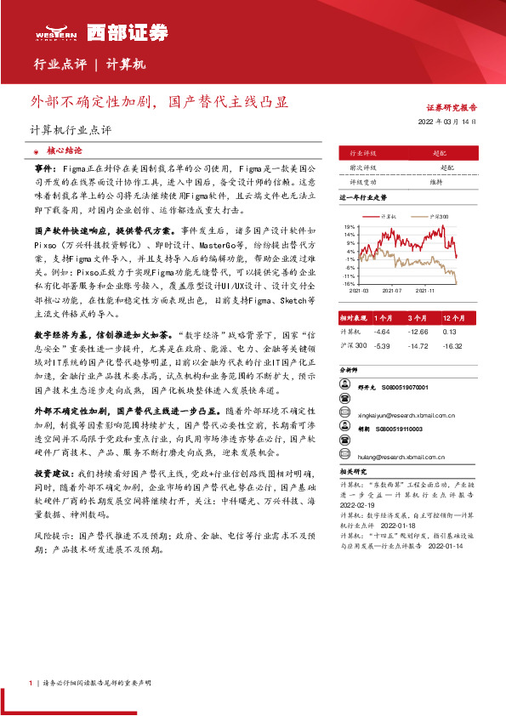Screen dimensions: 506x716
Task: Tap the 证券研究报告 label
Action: pyautogui.click(x=451, y=108)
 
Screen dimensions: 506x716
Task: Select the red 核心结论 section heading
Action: pyautogui.click(x=65, y=150)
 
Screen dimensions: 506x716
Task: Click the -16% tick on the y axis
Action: pyautogui.click(x=350, y=283)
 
